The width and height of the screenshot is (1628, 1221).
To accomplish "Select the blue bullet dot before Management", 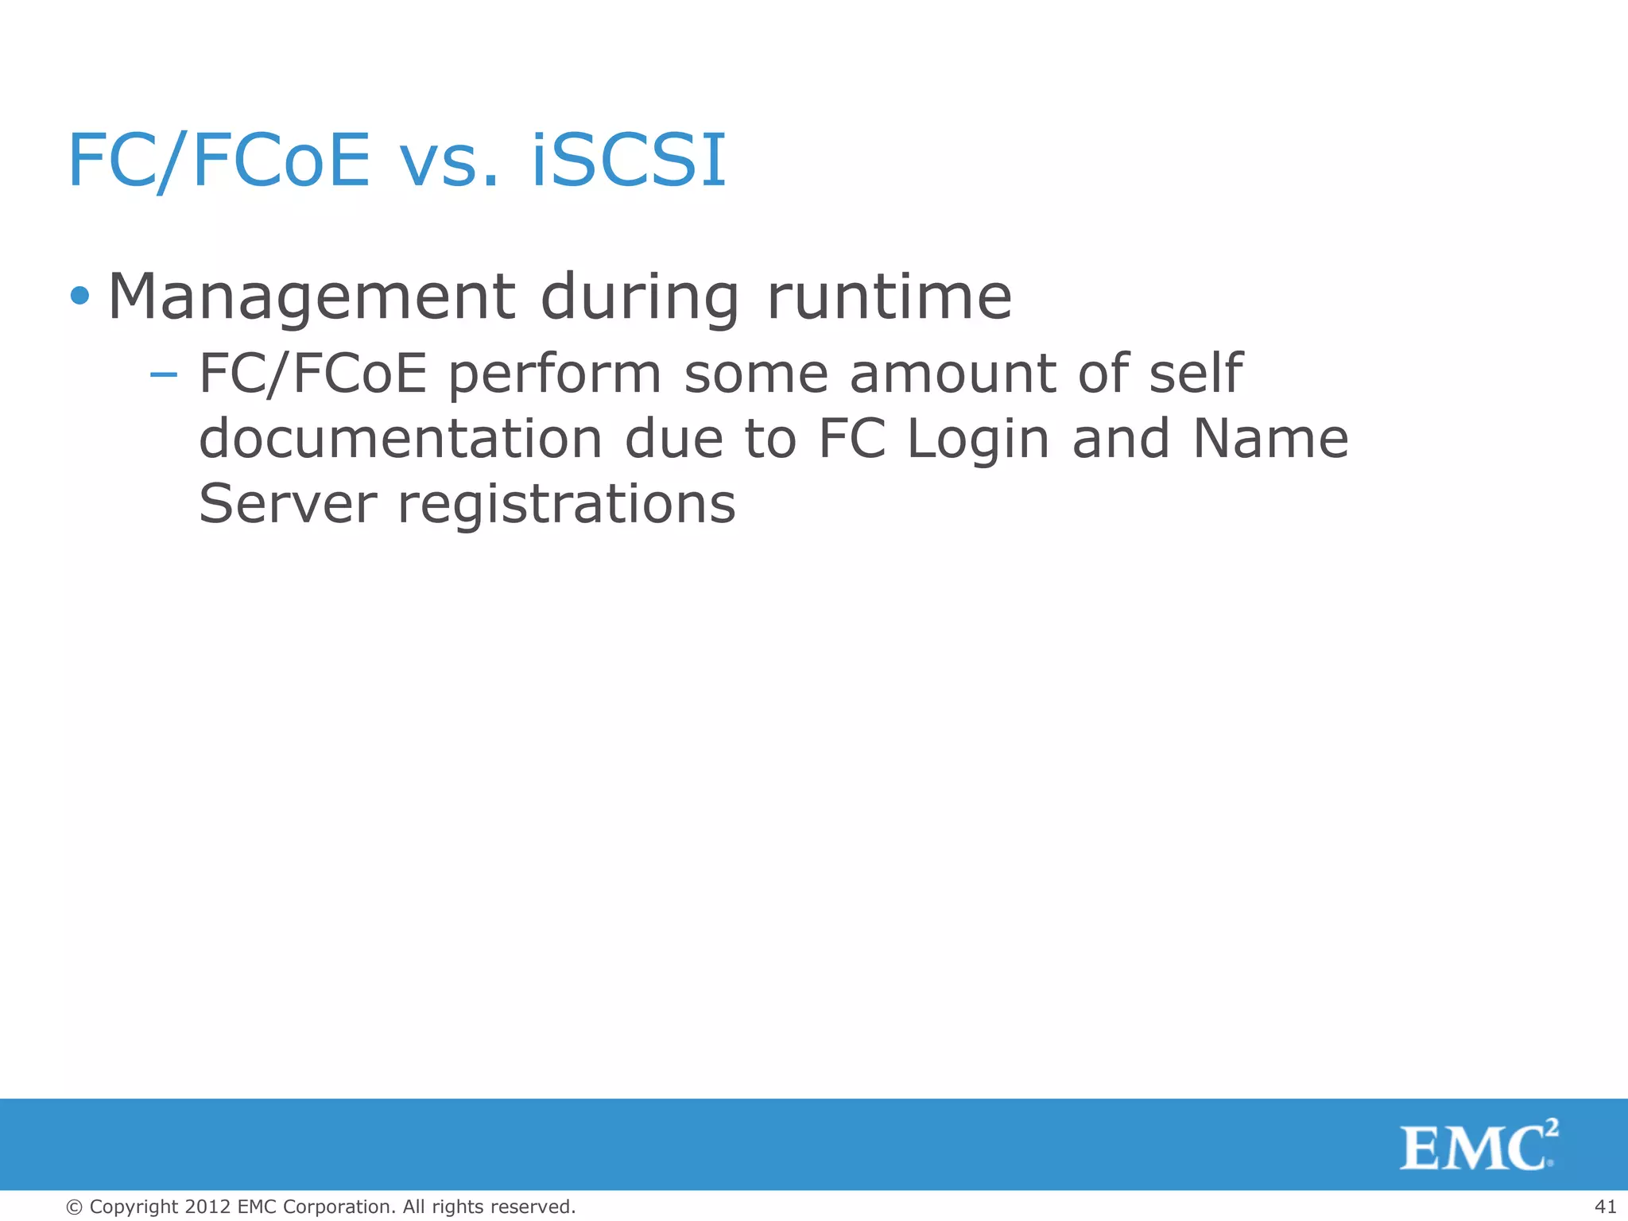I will pyautogui.click(x=79, y=297).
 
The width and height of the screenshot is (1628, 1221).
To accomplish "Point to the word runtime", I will pyautogui.click(x=889, y=297).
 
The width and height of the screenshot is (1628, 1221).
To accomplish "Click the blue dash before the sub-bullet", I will pyautogui.click(x=163, y=373).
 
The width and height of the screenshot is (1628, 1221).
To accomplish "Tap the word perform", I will pyautogui.click(x=555, y=374).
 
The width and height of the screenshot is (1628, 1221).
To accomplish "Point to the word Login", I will pyautogui.click(x=978, y=440).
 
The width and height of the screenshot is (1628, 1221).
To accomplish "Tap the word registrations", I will pyautogui.click(x=566, y=505).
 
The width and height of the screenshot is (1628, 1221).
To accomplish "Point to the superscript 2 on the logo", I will pyautogui.click(x=1552, y=1128).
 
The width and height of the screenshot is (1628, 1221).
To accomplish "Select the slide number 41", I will pyautogui.click(x=1605, y=1207).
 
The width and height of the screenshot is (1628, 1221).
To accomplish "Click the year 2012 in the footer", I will pyautogui.click(x=207, y=1207).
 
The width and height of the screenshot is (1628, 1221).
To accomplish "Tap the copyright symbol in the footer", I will pyautogui.click(x=75, y=1207).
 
